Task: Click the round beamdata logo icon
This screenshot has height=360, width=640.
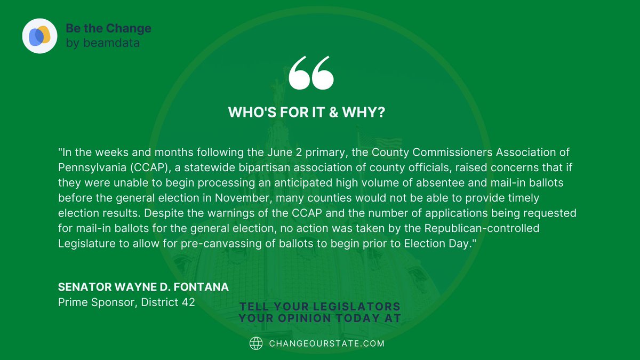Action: pyautogui.click(x=39, y=35)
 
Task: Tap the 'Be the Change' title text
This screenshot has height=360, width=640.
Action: pyautogui.click(x=108, y=28)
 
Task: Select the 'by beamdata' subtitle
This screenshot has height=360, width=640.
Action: pyautogui.click(x=103, y=43)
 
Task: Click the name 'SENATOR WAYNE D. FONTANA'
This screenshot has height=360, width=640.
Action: pyautogui.click(x=143, y=287)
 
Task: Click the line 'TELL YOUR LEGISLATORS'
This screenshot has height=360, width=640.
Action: pyautogui.click(x=320, y=307)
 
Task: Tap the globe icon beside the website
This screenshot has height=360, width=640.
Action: pyautogui.click(x=256, y=343)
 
